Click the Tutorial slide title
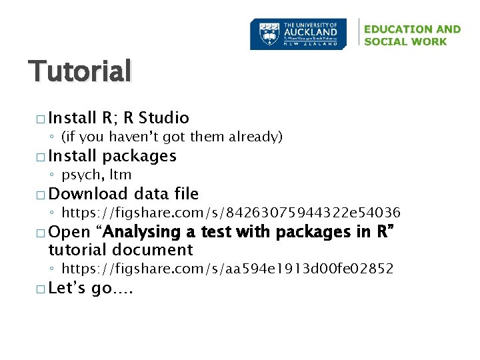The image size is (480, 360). pyautogui.click(x=80, y=71)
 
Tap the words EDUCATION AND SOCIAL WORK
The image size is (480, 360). pyautogui.click(x=412, y=35)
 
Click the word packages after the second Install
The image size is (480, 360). pyautogui.click(x=139, y=156)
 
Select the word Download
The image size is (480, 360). pyautogui.click(x=88, y=194)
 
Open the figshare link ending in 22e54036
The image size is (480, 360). pyautogui.click(x=231, y=213)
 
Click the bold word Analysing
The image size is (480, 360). pyautogui.click(x=143, y=232)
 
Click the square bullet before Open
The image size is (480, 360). pyautogui.click(x=42, y=233)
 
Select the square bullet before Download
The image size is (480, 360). pyautogui.click(x=42, y=195)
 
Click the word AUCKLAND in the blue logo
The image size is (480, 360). pyautogui.click(x=311, y=32)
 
